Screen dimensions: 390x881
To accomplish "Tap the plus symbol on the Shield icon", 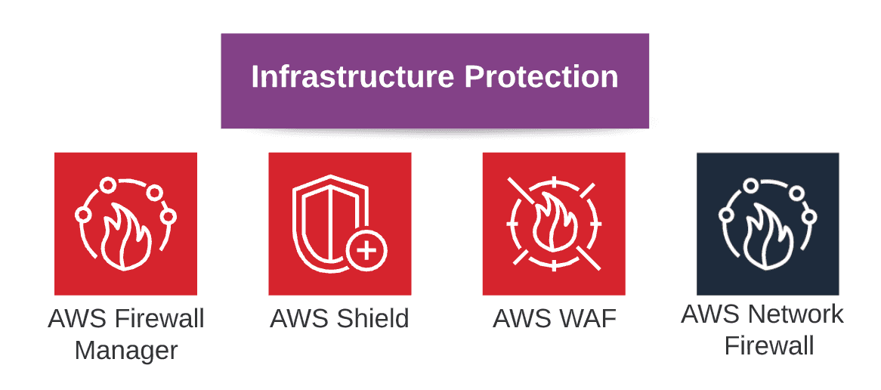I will tap(367, 249).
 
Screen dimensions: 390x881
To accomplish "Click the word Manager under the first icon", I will tap(126, 350).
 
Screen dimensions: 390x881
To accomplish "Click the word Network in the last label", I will tap(802, 314).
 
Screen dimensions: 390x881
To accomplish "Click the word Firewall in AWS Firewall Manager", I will tap(159, 318).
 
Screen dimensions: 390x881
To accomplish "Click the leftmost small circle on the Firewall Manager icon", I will tap(84, 215).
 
